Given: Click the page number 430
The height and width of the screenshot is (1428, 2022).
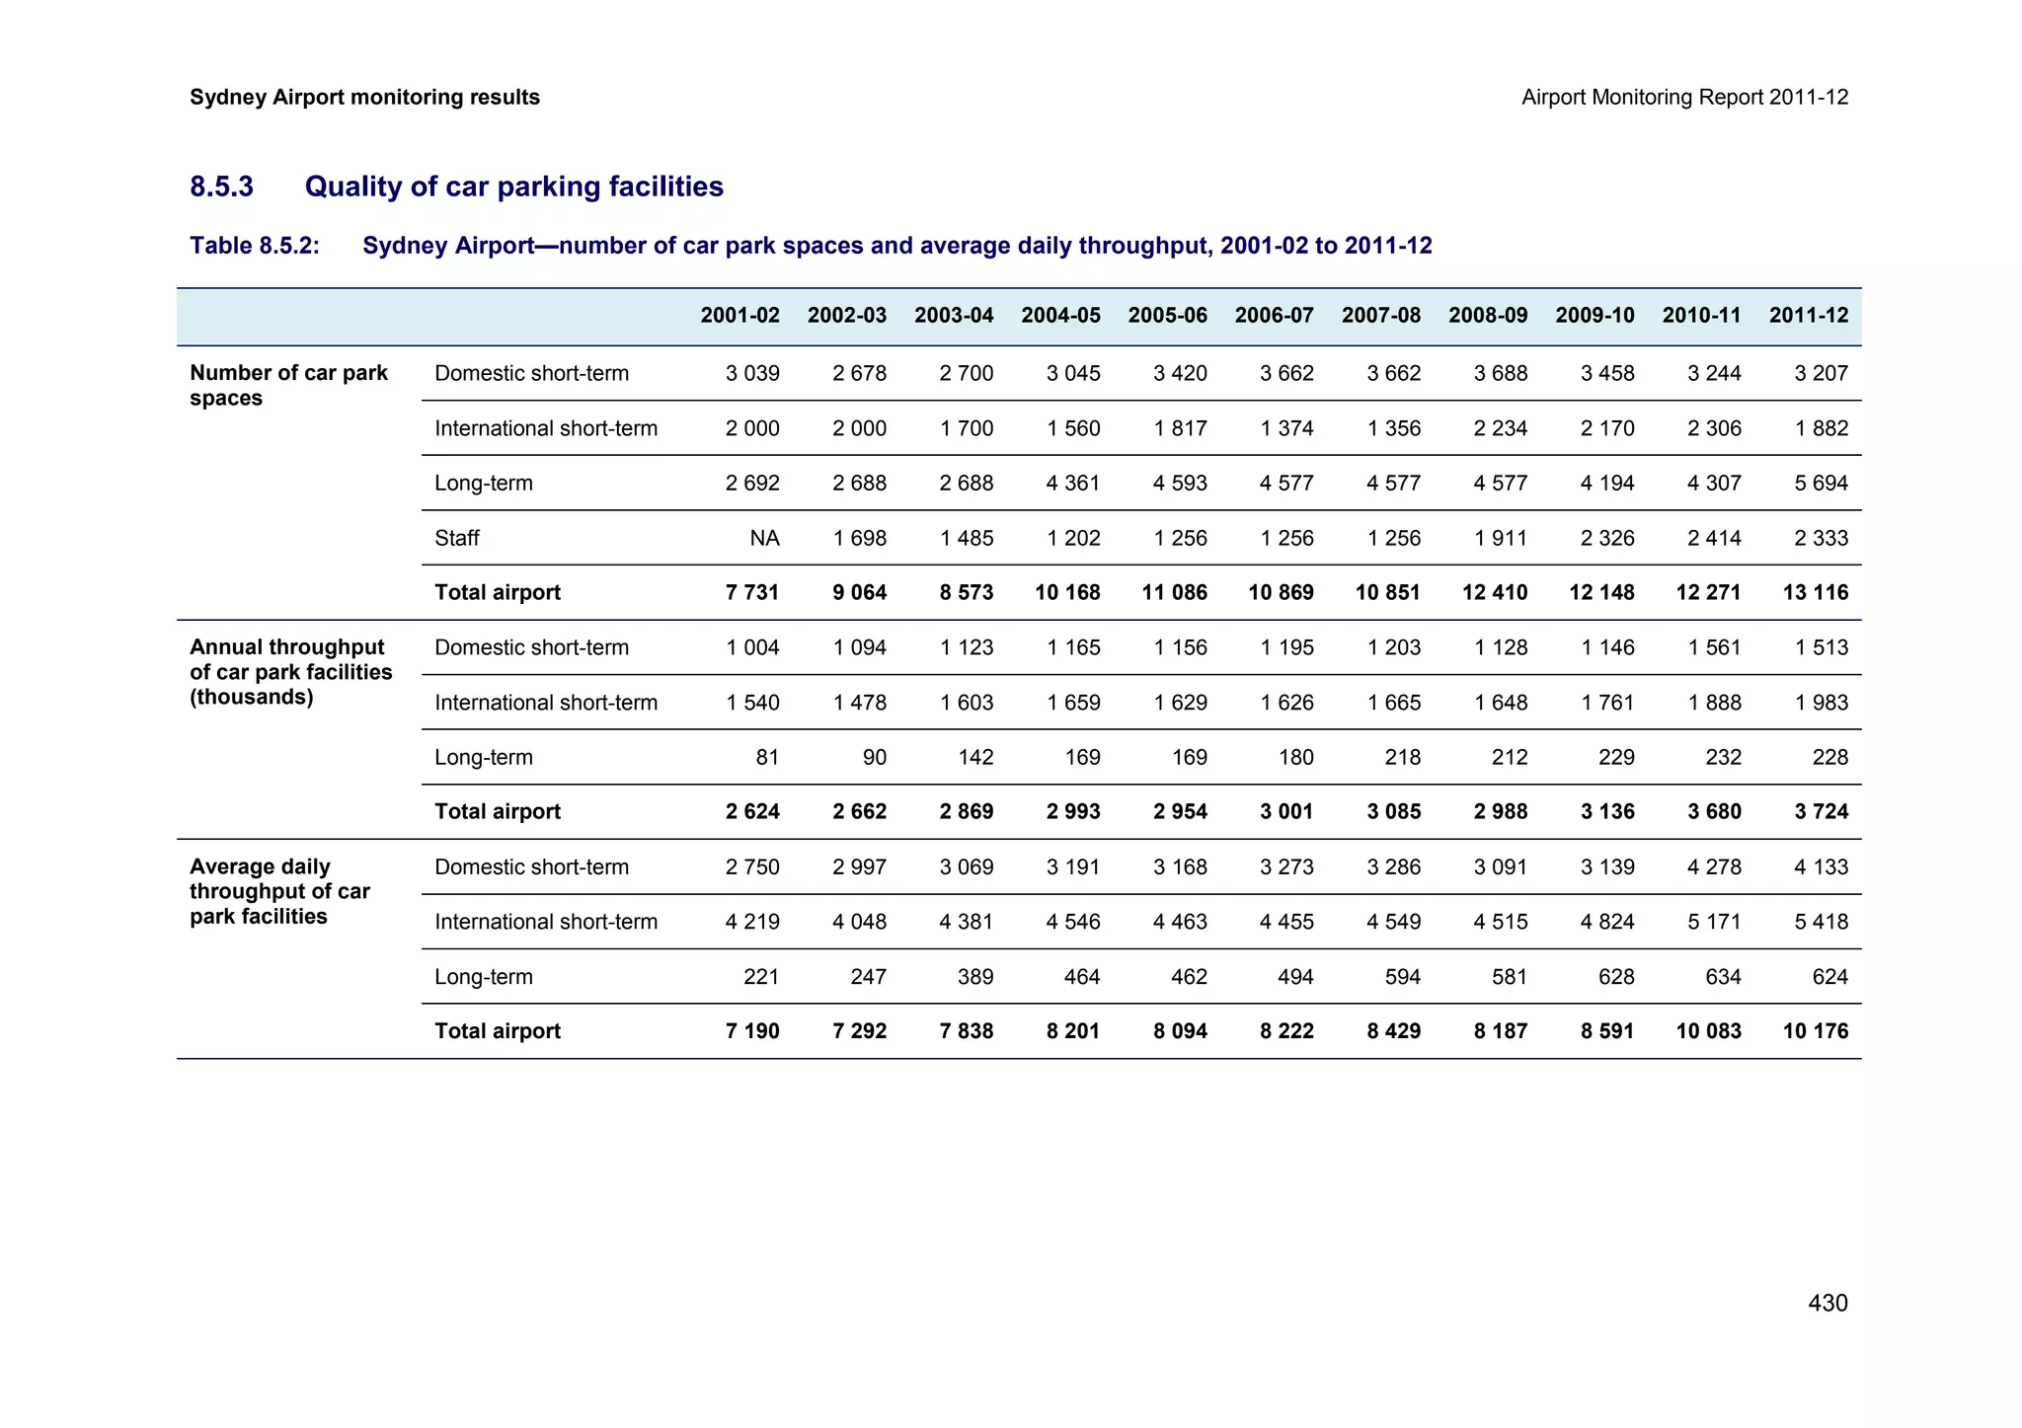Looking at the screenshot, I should click(x=1828, y=1303).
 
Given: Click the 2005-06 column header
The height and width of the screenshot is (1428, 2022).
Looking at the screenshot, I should click(x=1167, y=316).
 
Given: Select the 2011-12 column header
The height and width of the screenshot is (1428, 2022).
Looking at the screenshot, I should click(x=1808, y=316).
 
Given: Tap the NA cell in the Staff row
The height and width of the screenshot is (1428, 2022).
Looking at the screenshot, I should click(x=764, y=538).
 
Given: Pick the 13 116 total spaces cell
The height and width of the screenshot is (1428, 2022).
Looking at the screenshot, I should click(x=1815, y=592).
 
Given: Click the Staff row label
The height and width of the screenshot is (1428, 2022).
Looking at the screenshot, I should click(x=457, y=538).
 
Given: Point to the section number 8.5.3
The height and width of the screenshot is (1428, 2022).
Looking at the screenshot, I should click(x=221, y=187).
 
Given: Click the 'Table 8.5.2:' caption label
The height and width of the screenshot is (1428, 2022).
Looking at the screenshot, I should click(x=255, y=246).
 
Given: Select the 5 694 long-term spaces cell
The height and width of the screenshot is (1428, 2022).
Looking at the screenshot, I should click(x=1822, y=483).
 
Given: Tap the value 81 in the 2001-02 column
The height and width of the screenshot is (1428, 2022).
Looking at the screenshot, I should click(x=767, y=757).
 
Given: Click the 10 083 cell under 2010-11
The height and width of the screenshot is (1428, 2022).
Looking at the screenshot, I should click(x=1708, y=1031).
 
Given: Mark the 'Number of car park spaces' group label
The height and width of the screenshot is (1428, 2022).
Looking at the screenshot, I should click(x=288, y=385).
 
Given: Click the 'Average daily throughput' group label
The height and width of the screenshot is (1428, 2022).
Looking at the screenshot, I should click(x=279, y=891).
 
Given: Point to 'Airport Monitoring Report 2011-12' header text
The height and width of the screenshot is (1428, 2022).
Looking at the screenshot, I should click(x=1684, y=97).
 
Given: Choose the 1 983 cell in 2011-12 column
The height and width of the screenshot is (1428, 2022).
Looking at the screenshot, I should click(x=1822, y=703).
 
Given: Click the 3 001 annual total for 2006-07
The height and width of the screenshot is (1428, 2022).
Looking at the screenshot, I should click(x=1286, y=811).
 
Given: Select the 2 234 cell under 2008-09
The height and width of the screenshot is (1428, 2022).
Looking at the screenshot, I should click(x=1501, y=428).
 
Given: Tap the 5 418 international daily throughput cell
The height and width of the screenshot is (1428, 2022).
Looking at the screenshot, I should click(x=1822, y=922).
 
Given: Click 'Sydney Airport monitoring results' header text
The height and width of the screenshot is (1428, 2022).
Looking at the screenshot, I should click(x=364, y=97).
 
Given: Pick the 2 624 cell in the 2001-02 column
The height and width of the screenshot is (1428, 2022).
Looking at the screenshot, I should click(x=752, y=811).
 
